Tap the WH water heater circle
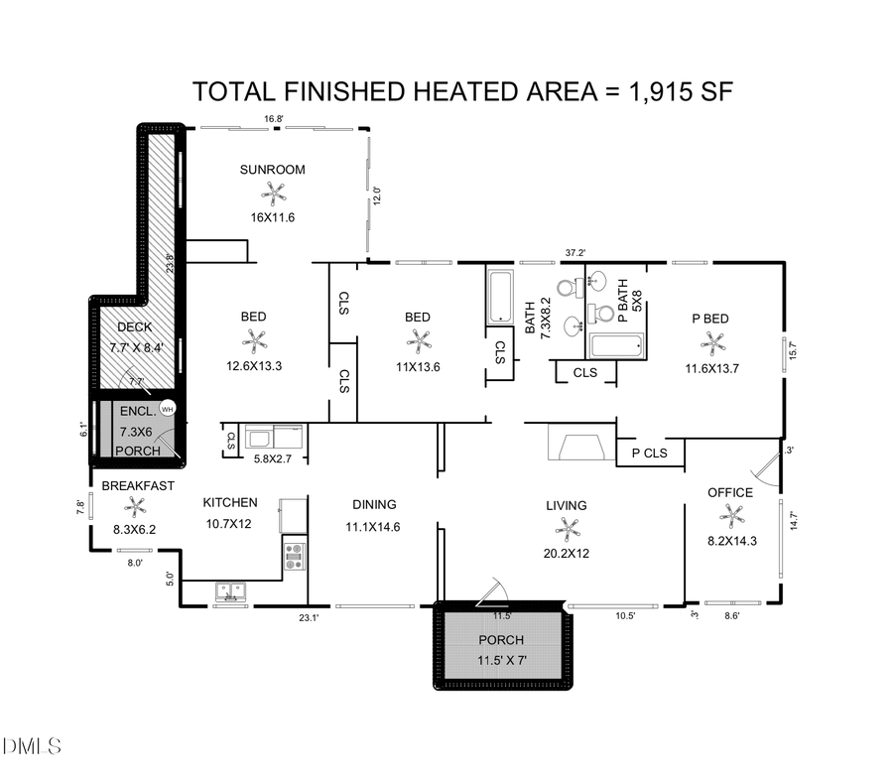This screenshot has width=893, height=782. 167,408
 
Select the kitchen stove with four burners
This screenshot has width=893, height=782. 294,555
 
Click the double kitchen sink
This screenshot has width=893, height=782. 231,592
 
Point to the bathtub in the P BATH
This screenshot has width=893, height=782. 616,346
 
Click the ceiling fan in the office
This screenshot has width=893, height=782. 730,515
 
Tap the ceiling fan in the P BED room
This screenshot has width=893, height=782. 711,342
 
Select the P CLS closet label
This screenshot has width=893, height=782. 650,454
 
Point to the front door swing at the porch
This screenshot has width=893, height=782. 492,592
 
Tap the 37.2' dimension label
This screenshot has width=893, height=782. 574,253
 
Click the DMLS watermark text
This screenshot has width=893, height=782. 32,745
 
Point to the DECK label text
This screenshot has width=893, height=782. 134,327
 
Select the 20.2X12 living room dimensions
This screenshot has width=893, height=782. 566,553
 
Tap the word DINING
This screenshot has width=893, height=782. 372,504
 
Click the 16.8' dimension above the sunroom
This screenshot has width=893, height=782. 274,119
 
